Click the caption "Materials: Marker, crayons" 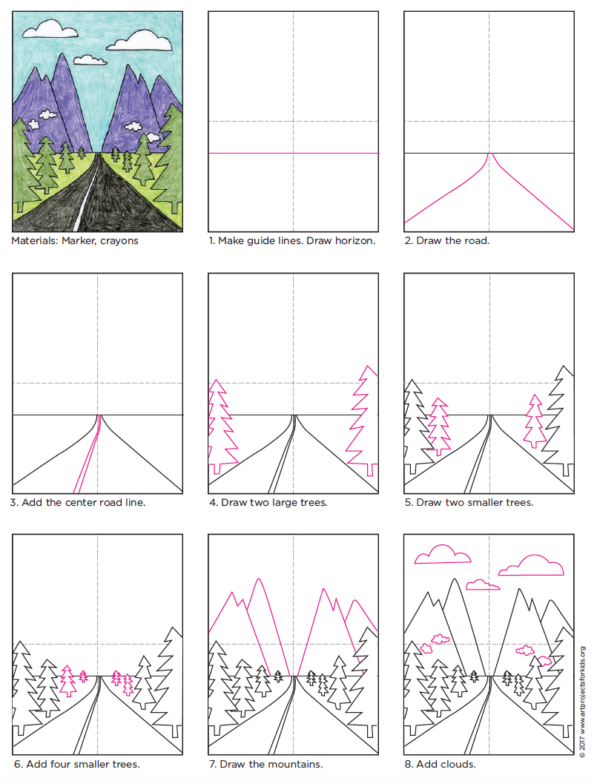[75, 240]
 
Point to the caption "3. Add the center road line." [78, 502]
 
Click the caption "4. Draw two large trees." [268, 502]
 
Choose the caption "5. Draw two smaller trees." [469, 502]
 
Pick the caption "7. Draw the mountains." [265, 764]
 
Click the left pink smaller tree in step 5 [439, 426]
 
